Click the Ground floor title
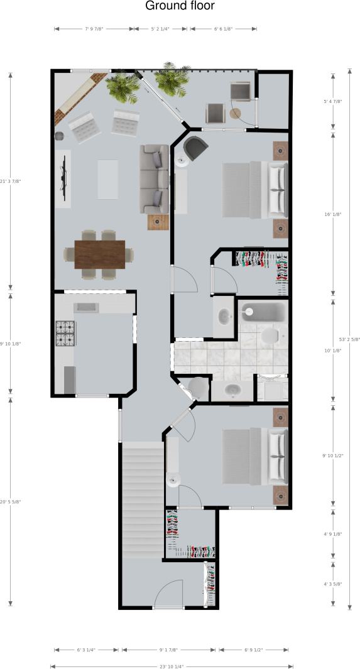click(x=180, y=6)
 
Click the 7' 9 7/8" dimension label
click(x=94, y=29)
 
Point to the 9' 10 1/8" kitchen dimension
click(x=11, y=344)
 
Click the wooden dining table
click(x=99, y=254)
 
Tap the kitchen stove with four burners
click(x=65, y=334)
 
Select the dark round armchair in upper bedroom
click(x=195, y=148)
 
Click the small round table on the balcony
click(x=235, y=114)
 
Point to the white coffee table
click(x=107, y=180)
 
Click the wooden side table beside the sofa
click(x=158, y=222)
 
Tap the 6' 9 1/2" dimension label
click(x=254, y=650)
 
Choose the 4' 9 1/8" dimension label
click(x=331, y=535)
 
